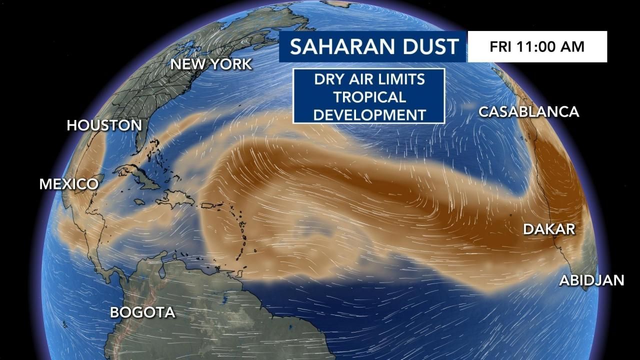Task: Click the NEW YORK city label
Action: (211, 64)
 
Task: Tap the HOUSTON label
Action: (104, 125)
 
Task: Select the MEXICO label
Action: (69, 184)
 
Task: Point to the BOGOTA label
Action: (142, 312)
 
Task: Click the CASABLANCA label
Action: (528, 111)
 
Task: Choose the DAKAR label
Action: (549, 229)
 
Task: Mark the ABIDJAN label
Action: (591, 280)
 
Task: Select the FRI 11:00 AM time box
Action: (537, 46)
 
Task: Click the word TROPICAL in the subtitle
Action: (369, 96)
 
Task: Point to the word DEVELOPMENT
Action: (369, 114)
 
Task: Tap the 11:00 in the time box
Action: (537, 46)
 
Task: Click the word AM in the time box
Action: (573, 46)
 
